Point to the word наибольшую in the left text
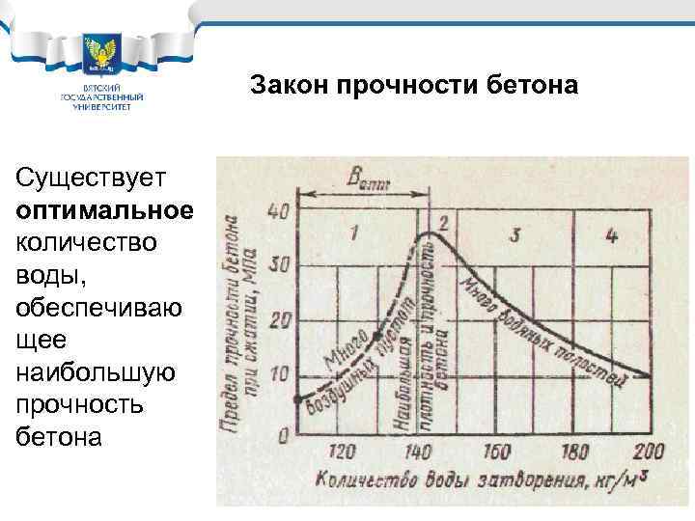[96, 371]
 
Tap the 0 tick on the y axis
[282, 435]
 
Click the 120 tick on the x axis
[345, 452]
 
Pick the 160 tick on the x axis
[495, 452]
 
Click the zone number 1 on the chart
[354, 232]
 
